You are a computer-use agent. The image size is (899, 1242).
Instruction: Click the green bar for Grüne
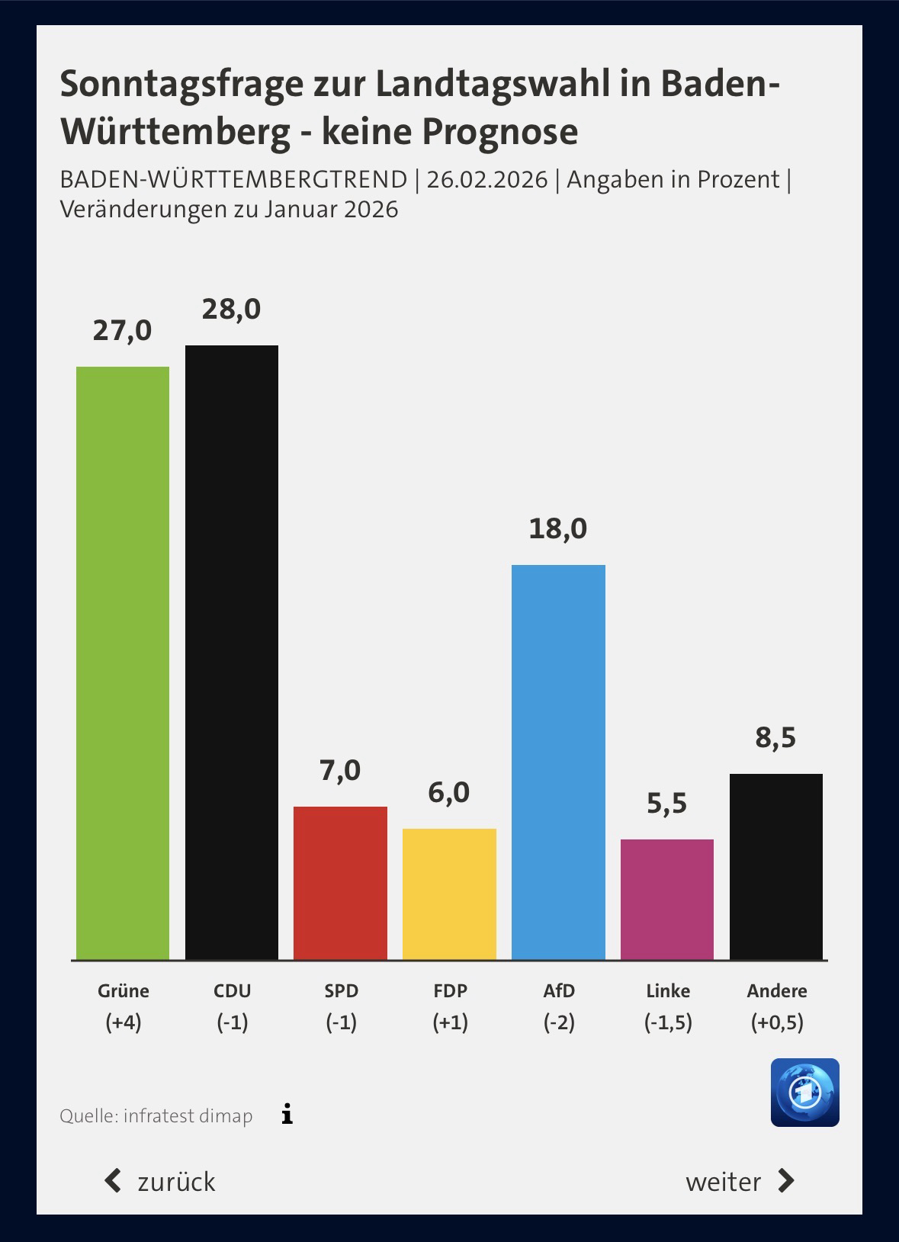point(123,663)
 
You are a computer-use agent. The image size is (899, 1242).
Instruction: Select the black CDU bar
point(232,652)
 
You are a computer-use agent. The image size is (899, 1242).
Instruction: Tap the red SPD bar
point(340,882)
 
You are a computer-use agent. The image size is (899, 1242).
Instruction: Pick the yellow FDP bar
point(449,894)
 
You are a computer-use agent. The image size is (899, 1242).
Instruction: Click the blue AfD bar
point(558,762)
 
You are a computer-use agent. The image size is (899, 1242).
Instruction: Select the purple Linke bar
point(667,899)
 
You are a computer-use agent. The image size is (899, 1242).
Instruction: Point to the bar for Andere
point(776,866)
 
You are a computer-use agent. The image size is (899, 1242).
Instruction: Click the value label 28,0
point(231,309)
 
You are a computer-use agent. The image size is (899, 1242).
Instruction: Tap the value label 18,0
point(558,528)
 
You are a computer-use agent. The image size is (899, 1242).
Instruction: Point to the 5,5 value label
point(667,804)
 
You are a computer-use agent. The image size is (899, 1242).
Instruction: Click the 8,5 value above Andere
point(776,738)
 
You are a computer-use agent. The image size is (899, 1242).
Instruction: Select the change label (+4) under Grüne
point(124,1022)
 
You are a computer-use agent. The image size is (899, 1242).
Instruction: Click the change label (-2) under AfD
point(559,1022)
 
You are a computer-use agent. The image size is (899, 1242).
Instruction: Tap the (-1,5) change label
point(668,1022)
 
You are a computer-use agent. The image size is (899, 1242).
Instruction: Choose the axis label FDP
point(450,990)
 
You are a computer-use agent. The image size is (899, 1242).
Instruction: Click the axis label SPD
point(341,990)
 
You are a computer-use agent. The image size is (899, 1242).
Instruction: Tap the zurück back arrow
point(114,1181)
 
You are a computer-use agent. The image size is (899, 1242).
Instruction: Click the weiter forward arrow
point(785,1181)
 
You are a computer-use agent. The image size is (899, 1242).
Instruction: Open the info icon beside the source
point(287,1115)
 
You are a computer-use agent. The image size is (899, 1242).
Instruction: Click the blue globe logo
point(804,1092)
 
